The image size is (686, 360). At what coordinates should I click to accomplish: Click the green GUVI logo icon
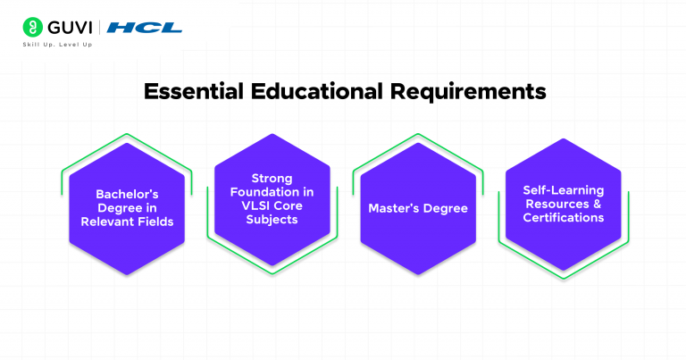point(32,28)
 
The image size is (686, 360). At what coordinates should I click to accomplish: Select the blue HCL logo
point(144,28)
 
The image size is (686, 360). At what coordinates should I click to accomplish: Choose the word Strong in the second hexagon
point(272,179)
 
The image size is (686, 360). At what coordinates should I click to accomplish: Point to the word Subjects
point(272,220)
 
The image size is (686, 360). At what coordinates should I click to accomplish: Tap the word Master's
point(394,208)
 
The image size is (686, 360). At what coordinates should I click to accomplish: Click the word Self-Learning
point(563,190)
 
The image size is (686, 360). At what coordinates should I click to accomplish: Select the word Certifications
point(563,217)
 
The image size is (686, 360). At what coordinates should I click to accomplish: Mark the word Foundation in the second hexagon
point(262,192)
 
